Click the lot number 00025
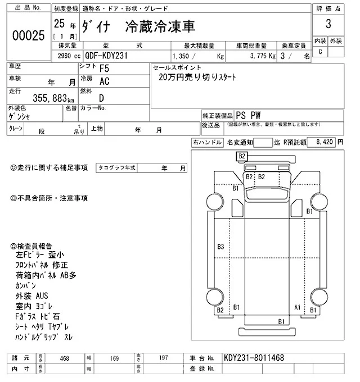pyautogui.click(x=28, y=36)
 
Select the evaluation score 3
pyautogui.click(x=327, y=25)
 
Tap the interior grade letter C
pyautogui.click(x=320, y=52)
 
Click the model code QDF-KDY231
pyautogui.click(x=110, y=56)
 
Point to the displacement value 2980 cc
pyautogui.click(x=66, y=56)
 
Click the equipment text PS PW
pyautogui.click(x=247, y=115)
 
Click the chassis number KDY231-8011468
pyautogui.click(x=254, y=357)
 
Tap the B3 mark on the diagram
pyautogui.click(x=220, y=247)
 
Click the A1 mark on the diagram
pyautogui.click(x=298, y=307)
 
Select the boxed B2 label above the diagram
pyautogui.click(x=242, y=156)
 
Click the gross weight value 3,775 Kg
pyautogui.click(x=262, y=56)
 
